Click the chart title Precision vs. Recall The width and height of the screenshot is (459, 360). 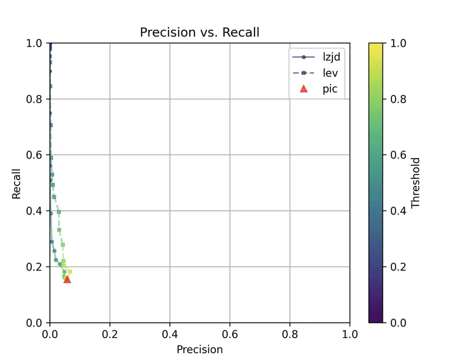(199, 32)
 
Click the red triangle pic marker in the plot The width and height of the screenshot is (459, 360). (67, 279)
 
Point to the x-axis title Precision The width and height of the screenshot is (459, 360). (199, 349)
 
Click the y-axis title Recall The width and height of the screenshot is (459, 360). (17, 183)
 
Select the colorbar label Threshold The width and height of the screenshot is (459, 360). (415, 183)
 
